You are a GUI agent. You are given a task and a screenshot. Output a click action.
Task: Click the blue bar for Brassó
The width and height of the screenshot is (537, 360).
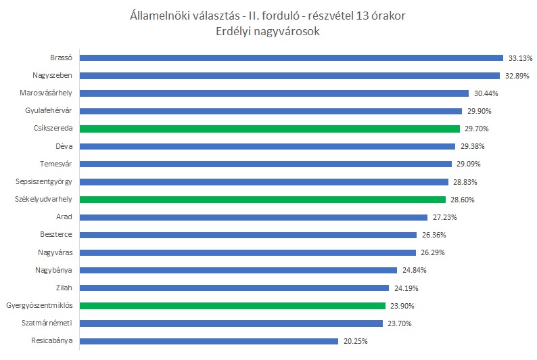(x=291, y=58)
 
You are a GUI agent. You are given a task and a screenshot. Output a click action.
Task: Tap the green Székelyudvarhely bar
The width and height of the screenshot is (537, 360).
(x=262, y=200)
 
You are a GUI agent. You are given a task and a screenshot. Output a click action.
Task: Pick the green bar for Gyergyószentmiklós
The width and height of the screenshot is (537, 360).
(x=233, y=305)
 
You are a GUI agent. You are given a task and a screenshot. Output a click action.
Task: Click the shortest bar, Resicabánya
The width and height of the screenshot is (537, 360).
(x=208, y=341)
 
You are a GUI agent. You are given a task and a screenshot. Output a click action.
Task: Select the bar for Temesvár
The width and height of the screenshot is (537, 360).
(x=265, y=164)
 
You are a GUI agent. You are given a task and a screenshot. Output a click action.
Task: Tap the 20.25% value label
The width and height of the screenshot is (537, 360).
(x=355, y=341)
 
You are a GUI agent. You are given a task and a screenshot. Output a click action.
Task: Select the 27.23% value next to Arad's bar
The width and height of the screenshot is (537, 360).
(x=444, y=217)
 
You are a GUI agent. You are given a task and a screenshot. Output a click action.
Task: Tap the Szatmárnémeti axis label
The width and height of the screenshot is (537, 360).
(x=48, y=323)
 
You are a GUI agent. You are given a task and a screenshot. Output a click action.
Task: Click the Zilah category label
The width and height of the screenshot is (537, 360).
(x=64, y=288)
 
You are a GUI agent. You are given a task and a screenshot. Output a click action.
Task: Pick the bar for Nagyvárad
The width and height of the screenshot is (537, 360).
(x=248, y=252)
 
